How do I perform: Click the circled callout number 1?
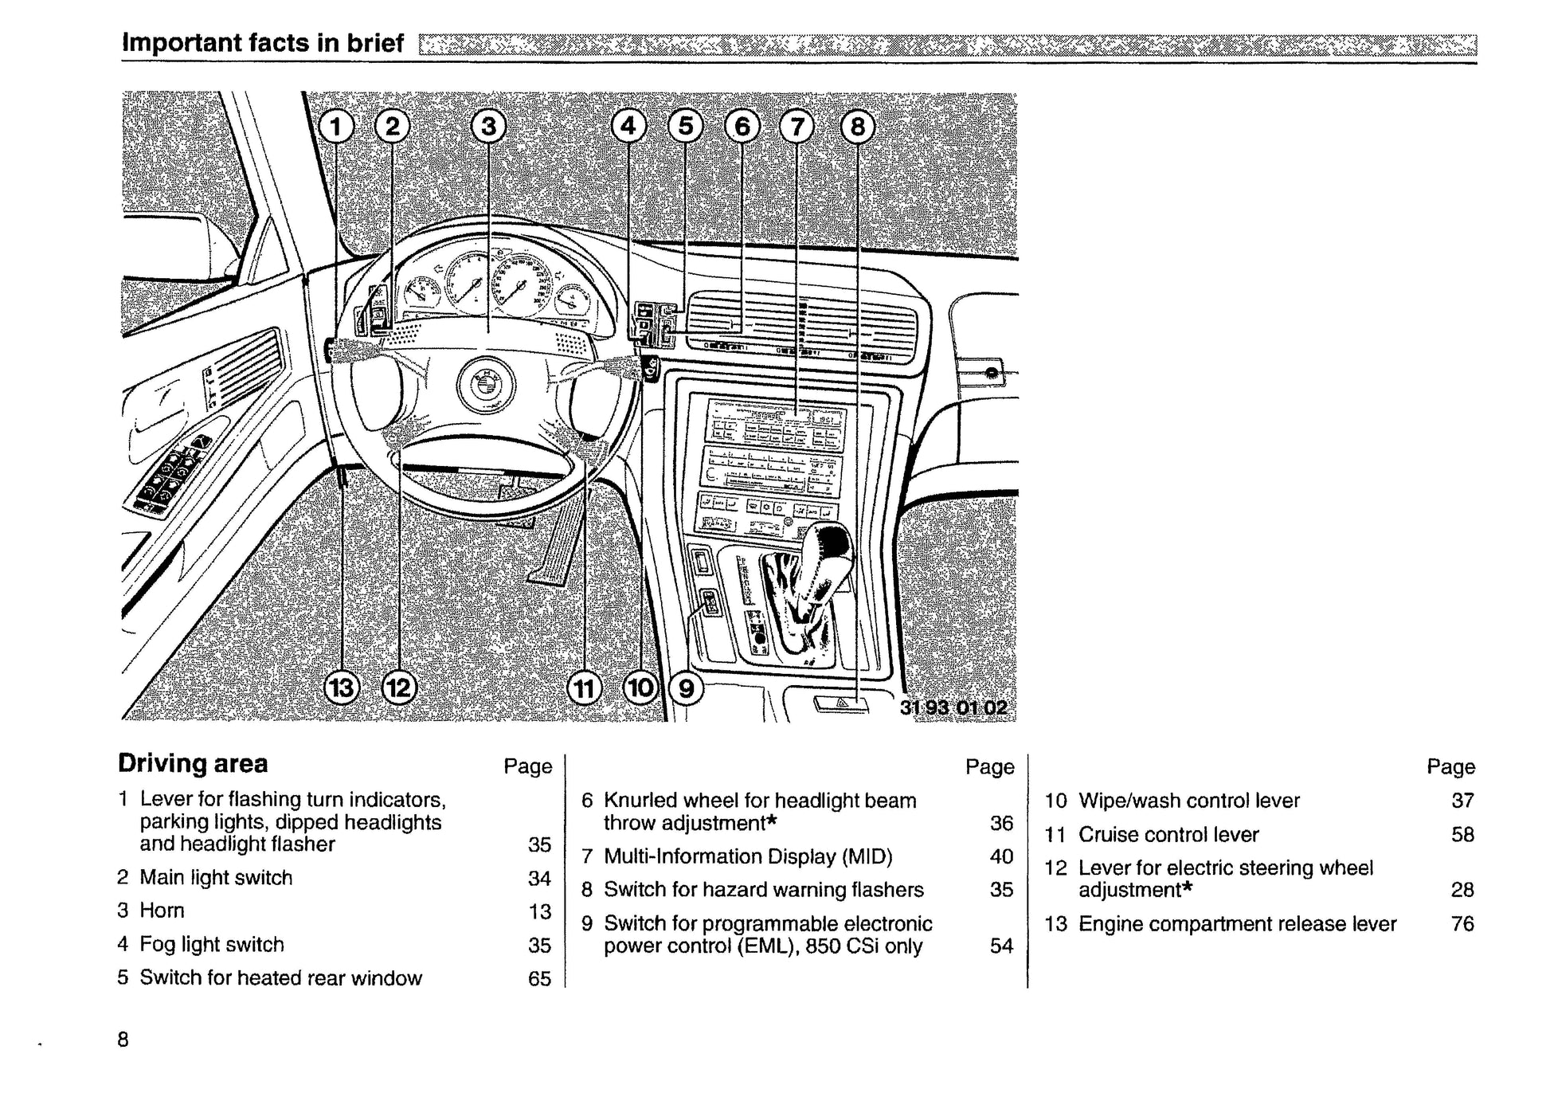336,127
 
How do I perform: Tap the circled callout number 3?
488,127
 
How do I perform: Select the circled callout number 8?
857,127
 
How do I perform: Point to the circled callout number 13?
342,687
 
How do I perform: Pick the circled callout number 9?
686,688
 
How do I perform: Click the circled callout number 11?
585,688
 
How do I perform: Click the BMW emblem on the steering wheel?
486,385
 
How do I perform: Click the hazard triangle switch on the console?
840,704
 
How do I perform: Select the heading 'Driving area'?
193,763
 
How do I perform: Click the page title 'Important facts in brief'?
262,42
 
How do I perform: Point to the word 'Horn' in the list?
162,911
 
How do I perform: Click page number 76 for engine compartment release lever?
1462,924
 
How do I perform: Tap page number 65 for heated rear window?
539,978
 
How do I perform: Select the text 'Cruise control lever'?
1168,835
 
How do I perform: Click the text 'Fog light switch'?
212,945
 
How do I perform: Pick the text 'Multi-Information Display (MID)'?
748,856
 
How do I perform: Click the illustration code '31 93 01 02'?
953,707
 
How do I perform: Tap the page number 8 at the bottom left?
123,1040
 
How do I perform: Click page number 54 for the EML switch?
1001,946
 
